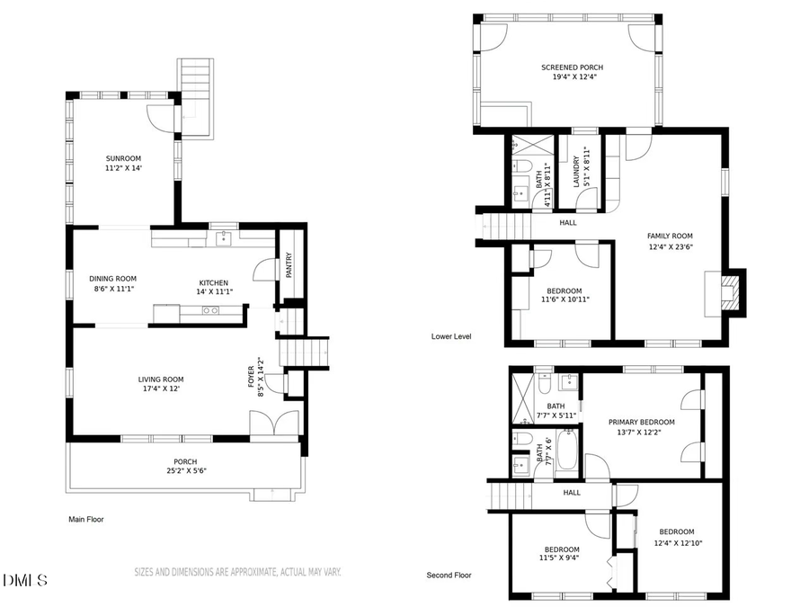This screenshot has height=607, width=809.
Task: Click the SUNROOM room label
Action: click(x=124, y=158)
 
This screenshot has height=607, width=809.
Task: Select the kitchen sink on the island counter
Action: click(x=210, y=310)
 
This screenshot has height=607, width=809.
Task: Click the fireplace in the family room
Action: click(x=733, y=292)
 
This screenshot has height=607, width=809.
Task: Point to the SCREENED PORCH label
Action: click(x=572, y=67)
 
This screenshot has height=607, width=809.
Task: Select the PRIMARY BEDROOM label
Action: click(x=641, y=422)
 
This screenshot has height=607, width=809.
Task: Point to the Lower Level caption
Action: click(x=451, y=336)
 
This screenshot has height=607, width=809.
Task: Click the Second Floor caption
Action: click(x=449, y=575)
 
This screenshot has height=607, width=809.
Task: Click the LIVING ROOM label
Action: click(x=161, y=379)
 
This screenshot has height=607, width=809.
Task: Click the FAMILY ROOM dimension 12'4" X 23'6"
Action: click(x=670, y=247)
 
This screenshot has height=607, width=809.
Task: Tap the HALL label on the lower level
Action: click(x=567, y=223)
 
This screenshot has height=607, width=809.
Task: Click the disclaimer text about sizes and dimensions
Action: click(x=237, y=572)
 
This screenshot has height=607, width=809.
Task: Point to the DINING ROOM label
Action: click(x=112, y=278)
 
